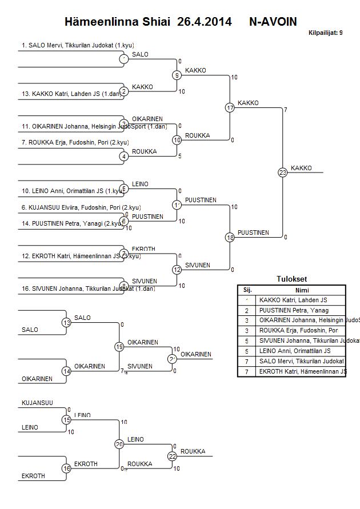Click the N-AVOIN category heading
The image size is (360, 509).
tap(273, 22)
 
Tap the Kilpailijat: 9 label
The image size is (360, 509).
tap(325, 33)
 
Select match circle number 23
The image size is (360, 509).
tap(282, 172)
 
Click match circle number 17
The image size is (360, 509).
tap(230, 107)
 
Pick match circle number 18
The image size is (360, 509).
tap(230, 237)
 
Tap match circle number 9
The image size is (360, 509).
tap(177, 75)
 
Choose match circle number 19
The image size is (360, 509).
tap(119, 346)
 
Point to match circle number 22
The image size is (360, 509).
tap(172, 456)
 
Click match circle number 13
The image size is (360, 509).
tap(67, 323)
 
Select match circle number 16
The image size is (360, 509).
tap(67, 468)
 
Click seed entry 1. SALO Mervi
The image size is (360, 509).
tap(77, 45)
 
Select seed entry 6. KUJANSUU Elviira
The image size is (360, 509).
tap(81, 207)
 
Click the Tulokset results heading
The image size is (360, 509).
tap(291, 279)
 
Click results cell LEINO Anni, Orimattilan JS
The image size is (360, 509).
tap(294, 351)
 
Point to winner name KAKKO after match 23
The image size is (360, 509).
tap(301, 168)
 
